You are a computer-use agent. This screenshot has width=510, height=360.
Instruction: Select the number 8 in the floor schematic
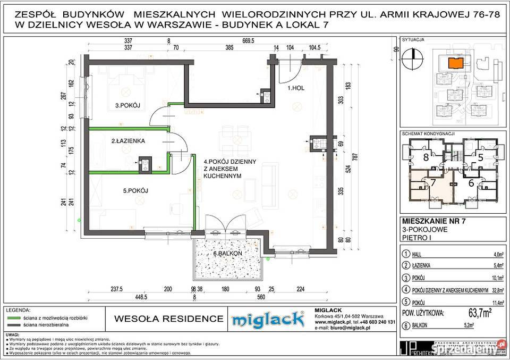coord(426,157)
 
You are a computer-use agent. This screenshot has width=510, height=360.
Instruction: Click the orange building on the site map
coord(455,63)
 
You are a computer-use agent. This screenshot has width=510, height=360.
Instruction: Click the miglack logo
coord(268,319)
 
